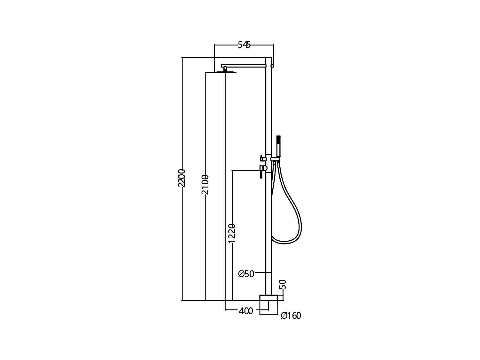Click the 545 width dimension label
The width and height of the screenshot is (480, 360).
click(244, 45)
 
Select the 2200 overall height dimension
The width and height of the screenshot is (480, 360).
click(181, 178)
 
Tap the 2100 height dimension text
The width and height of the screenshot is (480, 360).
click(205, 185)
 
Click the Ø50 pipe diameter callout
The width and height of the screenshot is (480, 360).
click(246, 274)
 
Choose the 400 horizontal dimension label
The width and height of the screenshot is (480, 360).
click(246, 311)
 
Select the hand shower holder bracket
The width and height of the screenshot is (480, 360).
click(276, 159)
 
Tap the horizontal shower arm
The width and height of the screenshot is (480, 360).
click(245, 65)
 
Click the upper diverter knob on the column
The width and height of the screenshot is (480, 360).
click(263, 158)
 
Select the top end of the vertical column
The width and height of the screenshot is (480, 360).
click(269, 59)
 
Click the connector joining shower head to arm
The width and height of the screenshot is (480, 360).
click(225, 68)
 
